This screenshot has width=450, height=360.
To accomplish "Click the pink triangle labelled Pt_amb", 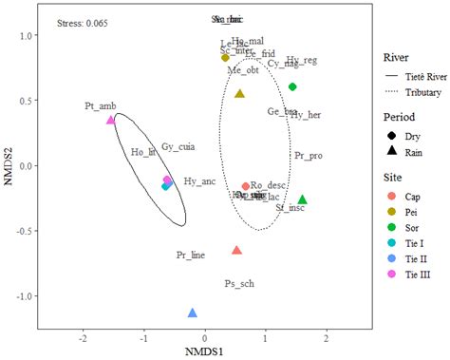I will pyautogui.click(x=111, y=121).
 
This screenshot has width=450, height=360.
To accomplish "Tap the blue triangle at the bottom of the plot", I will pyautogui.click(x=193, y=313).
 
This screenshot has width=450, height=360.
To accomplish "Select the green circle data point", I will pyautogui.click(x=292, y=86).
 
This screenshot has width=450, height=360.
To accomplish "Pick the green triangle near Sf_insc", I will pyautogui.click(x=302, y=199).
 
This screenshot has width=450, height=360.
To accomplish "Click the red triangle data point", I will pyautogui.click(x=236, y=251).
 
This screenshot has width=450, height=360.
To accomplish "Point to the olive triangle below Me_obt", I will pyautogui.click(x=239, y=94).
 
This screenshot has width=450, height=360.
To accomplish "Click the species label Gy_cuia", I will pyautogui.click(x=178, y=147).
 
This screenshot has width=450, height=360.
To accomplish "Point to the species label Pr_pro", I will pyautogui.click(x=309, y=155).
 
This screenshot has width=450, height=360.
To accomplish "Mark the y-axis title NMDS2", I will pyautogui.click(x=9, y=166).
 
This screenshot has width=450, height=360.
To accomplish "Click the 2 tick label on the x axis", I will pyautogui.click(x=327, y=338).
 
